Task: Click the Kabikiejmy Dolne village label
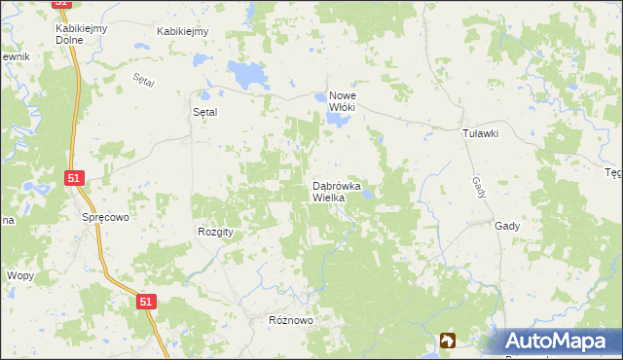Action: (x=80, y=34)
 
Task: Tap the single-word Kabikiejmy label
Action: (x=183, y=31)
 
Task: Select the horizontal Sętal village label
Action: (x=202, y=112)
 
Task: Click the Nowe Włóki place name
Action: (x=348, y=101)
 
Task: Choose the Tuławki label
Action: (x=480, y=134)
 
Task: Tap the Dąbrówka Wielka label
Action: (x=337, y=191)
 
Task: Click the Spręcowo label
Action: (x=105, y=219)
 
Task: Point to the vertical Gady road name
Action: (x=477, y=183)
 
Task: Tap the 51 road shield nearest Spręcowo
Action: (x=75, y=178)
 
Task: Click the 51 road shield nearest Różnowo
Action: (x=145, y=303)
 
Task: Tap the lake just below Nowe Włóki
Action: (x=338, y=120)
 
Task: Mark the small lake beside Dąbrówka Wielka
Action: (x=368, y=197)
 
